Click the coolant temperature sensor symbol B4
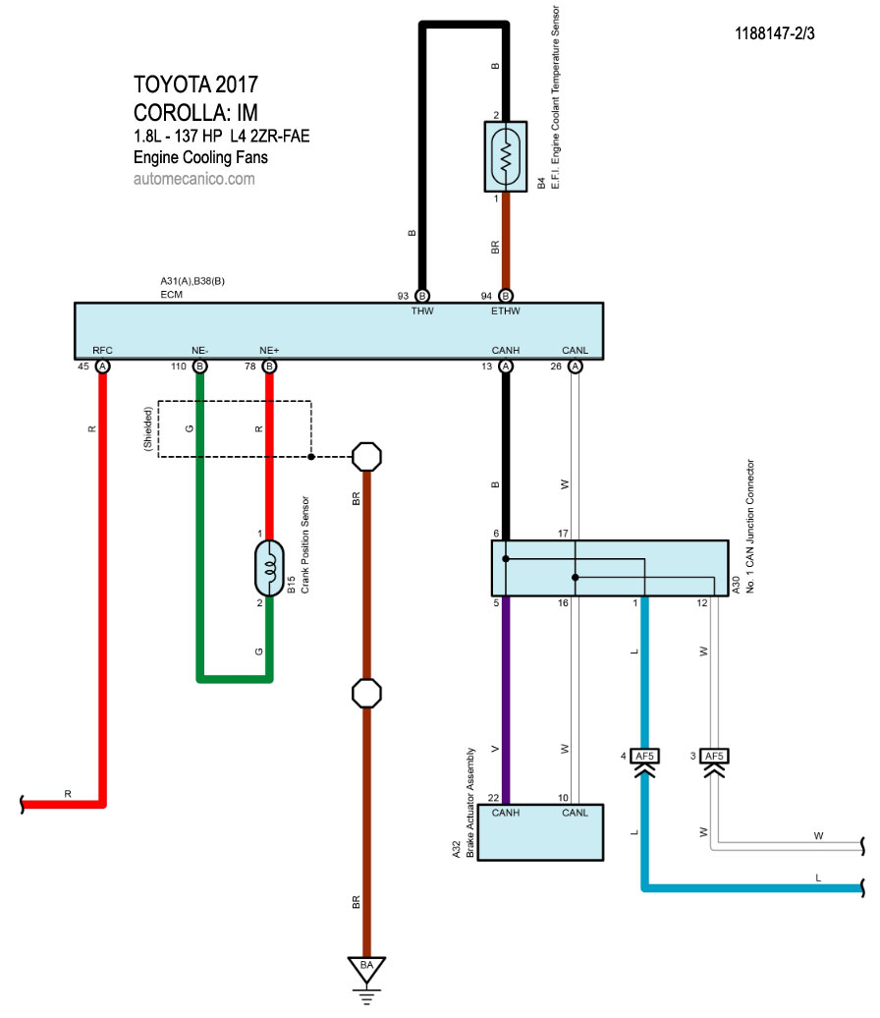[506, 156]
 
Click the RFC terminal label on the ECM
[102, 350]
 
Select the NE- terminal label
[199, 350]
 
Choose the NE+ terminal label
[269, 350]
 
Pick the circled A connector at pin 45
[102, 367]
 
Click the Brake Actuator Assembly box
[539, 832]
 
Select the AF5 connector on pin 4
[645, 757]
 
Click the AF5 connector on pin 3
[714, 757]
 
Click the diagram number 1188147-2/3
[775, 33]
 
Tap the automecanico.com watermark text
[193, 179]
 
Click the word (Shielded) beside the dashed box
[148, 428]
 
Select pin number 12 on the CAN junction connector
[702, 603]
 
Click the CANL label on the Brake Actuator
[575, 813]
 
